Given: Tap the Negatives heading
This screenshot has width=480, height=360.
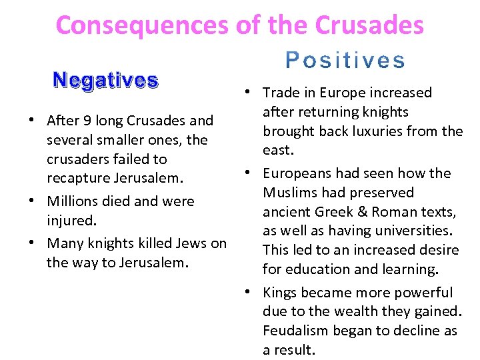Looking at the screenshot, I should [105, 81].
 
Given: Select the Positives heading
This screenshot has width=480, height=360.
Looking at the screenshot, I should [345, 61].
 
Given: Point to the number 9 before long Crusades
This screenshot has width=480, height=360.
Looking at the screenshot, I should [87, 121].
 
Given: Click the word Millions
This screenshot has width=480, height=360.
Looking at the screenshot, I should [73, 201].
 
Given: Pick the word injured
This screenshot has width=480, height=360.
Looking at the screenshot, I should [69, 220].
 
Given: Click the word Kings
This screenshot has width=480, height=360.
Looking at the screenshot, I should [281, 293].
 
